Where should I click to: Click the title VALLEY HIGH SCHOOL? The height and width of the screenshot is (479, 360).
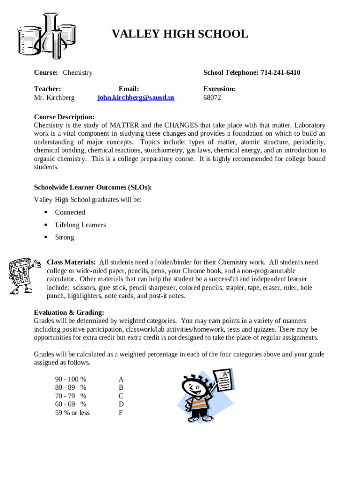pos(180,34)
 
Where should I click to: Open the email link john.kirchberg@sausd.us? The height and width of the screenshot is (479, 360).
pos(136,98)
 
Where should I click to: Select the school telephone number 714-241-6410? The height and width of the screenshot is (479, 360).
pos(280,73)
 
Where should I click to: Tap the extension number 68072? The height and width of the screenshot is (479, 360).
pos(212,98)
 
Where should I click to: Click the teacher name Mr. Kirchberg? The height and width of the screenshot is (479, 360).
pos(54,98)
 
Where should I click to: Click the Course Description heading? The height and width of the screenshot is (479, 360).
pos(64,117)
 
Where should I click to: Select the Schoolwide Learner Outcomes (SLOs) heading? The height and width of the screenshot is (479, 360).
pos(93,188)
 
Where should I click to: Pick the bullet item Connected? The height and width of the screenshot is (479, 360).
pos(70,212)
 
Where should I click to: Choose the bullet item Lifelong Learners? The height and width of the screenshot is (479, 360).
pos(80,225)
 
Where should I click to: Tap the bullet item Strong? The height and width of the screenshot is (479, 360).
pos(65,237)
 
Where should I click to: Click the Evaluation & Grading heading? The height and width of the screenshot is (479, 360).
pos(69,312)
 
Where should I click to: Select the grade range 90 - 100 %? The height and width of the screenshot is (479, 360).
pos(71,379)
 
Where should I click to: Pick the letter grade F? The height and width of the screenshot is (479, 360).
pos(121,413)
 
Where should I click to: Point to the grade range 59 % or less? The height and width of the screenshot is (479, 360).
pos(72,413)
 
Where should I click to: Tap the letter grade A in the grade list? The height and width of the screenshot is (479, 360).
pos(121,379)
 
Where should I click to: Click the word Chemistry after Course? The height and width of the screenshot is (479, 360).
pos(78,73)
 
